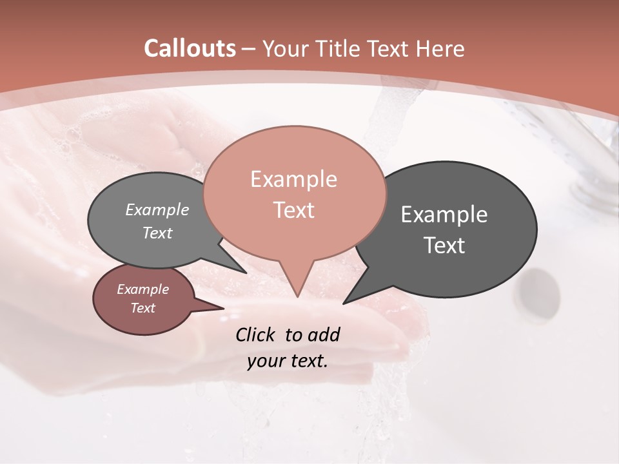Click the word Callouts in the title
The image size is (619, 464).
pyautogui.click(x=190, y=48)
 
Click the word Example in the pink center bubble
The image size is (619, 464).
pyautogui.click(x=293, y=179)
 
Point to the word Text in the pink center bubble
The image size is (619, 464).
pyautogui.click(x=293, y=210)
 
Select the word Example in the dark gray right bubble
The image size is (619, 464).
pyautogui.click(x=444, y=215)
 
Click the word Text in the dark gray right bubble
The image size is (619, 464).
pyautogui.click(x=444, y=246)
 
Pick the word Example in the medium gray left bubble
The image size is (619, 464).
pyautogui.click(x=157, y=210)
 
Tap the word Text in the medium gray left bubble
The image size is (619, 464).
pyautogui.click(x=157, y=233)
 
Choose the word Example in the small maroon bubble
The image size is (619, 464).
pyautogui.click(x=142, y=289)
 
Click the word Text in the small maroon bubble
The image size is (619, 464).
pyautogui.click(x=142, y=308)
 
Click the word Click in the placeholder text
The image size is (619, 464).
pyautogui.click(x=257, y=334)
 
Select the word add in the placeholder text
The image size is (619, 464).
pyautogui.click(x=323, y=334)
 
